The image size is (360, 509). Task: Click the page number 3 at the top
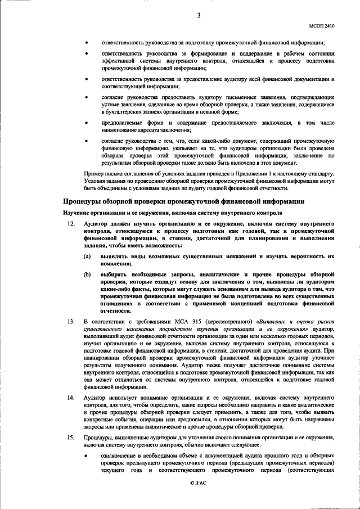click(199, 16)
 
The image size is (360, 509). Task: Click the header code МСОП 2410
click(322, 26)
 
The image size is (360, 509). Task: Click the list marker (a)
click(88, 256)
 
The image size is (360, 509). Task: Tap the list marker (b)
click(88, 274)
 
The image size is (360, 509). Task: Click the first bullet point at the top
click(86, 43)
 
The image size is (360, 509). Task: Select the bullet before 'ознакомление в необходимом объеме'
click(86, 455)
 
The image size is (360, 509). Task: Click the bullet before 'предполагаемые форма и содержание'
click(86, 122)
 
